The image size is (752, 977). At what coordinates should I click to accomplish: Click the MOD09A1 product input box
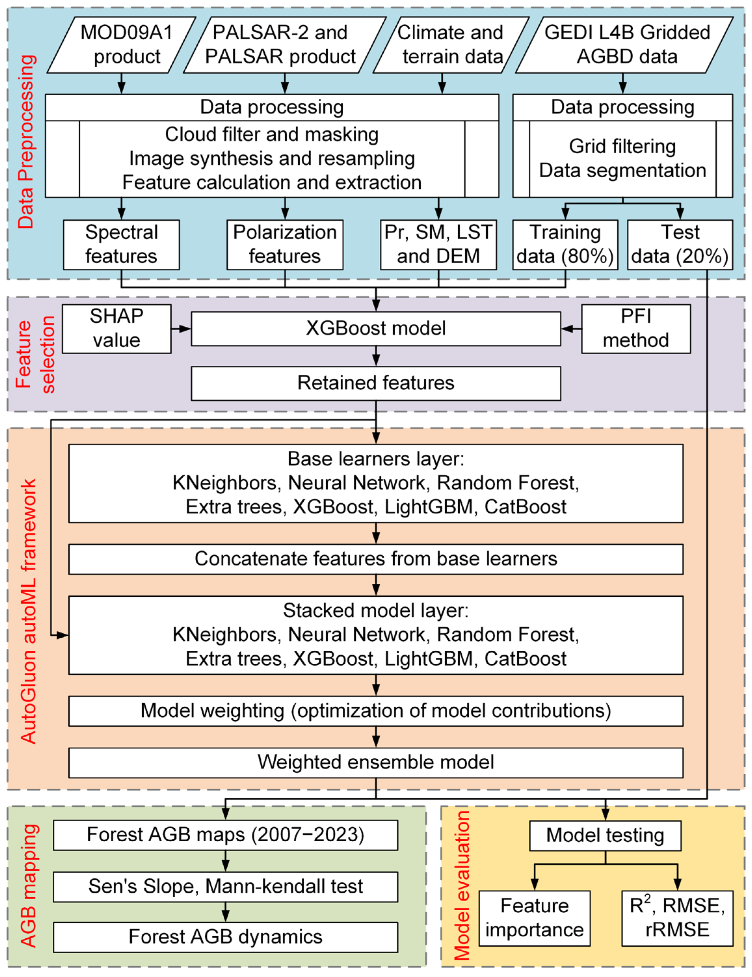coord(122,45)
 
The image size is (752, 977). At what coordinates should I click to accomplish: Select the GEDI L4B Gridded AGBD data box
coord(625,45)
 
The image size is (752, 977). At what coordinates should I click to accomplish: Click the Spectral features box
coord(121,244)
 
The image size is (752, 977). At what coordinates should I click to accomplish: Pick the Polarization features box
coord(285,244)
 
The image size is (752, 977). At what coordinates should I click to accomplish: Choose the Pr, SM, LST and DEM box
coord(438,244)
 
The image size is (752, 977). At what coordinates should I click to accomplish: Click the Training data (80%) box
coord(565,244)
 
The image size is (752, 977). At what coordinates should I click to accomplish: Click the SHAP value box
coord(116,329)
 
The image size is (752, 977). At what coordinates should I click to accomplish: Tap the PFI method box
coord(636,329)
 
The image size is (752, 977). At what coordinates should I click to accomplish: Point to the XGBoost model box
coord(376,328)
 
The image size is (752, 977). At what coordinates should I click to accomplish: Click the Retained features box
coord(376,383)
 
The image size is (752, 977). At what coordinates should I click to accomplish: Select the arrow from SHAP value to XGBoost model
coord(181,329)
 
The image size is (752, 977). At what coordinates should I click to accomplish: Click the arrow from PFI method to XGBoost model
coord(571,329)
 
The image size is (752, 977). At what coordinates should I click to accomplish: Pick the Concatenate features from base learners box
coord(376,559)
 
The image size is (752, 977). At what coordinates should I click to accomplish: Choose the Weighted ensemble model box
coord(376,762)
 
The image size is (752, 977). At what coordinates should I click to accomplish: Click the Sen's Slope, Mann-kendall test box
coord(225,886)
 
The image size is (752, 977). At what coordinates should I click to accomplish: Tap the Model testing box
coord(605,835)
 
